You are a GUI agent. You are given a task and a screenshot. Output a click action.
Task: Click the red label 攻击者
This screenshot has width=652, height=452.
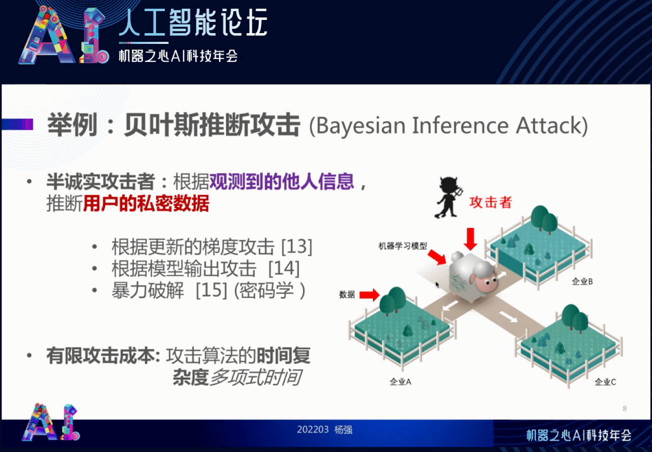point(490,203)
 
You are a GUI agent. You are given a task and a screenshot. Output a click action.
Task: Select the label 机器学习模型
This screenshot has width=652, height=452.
point(403,245)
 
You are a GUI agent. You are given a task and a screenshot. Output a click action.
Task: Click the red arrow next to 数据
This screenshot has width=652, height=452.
point(369,295)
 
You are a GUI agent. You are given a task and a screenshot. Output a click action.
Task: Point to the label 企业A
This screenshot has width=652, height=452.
point(399,382)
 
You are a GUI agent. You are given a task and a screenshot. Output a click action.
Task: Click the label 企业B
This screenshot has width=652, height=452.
point(582,282)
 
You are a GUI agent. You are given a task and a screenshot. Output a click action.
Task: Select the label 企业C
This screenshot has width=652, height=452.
point(605,382)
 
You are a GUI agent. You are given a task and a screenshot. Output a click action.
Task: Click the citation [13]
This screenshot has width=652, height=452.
point(297,246)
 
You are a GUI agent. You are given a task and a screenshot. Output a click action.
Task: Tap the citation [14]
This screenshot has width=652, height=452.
point(283,268)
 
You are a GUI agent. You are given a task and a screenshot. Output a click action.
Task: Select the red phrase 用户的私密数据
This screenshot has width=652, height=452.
point(146,205)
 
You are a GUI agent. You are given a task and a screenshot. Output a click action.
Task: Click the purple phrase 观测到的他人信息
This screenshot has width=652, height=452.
point(282,182)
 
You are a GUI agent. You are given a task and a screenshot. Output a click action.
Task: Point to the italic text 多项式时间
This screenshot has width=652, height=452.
point(256,377)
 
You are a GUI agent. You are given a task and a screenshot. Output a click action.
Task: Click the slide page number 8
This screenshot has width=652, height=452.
point(624,409)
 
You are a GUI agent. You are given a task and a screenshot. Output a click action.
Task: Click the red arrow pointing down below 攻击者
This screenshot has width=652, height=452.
point(471,238)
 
